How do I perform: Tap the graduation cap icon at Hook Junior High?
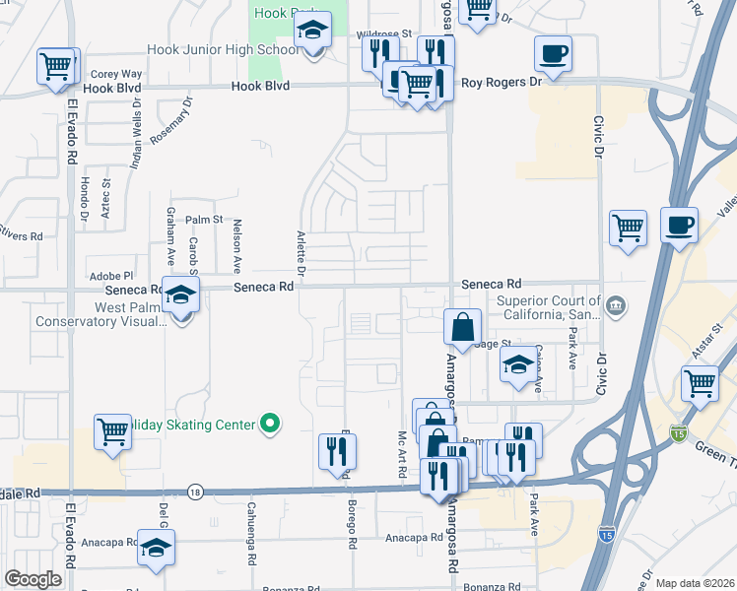(313, 34)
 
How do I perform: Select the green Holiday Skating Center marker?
(269, 425)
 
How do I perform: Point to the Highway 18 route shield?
(196, 492)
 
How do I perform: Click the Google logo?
(32, 579)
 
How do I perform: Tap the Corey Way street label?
(116, 74)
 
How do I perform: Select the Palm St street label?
(205, 220)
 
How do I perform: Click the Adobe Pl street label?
(110, 276)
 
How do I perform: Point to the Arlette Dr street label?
(301, 252)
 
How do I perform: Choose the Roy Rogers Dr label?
(502, 83)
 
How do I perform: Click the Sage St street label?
(491, 343)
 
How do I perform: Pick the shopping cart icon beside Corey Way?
(57, 65)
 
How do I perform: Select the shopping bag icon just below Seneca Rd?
(462, 326)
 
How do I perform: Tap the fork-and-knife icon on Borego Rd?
(337, 449)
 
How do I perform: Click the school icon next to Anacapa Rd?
(156, 548)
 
